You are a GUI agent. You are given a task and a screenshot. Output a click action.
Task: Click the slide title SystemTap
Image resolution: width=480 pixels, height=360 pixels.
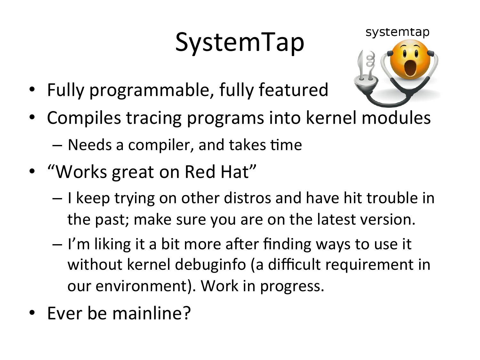240,43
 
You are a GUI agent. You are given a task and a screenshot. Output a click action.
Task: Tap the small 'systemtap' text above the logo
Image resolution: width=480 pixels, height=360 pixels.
397,32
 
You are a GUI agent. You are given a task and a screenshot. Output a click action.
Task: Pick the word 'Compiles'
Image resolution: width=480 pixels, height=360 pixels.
84,118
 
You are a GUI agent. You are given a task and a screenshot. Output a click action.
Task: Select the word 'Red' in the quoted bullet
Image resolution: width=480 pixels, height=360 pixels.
200,172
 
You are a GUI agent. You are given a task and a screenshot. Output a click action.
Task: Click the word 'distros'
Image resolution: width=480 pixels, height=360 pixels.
247,198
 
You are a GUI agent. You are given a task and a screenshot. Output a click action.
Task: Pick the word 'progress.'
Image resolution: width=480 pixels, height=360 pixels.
292,286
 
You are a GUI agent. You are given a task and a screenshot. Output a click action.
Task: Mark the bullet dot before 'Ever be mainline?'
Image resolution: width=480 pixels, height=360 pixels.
32,313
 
